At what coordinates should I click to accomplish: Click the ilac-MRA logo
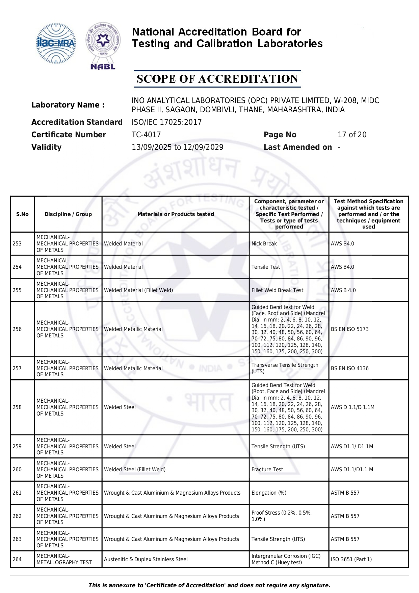[x=56, y=43]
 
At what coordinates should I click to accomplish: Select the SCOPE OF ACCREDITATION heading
[x=217, y=79]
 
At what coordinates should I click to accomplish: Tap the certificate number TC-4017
[x=146, y=135]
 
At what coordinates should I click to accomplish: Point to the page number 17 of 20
[x=352, y=135]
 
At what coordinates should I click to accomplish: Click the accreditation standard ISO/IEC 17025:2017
[x=166, y=122]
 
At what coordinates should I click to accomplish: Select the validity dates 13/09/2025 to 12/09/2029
[x=177, y=147]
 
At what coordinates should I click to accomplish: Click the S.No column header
[x=22, y=214]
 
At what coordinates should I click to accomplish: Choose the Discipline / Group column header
[x=68, y=214]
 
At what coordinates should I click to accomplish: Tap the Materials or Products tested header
[x=176, y=214]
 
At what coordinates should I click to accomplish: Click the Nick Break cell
[x=264, y=244]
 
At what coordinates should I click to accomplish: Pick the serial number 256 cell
[x=17, y=329]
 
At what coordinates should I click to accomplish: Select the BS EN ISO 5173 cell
[x=349, y=329]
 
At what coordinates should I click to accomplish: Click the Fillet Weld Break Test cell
[x=277, y=290]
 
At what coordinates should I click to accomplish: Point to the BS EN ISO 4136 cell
[x=349, y=369]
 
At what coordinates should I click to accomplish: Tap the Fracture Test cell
[x=267, y=470]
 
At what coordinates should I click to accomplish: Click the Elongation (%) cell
[x=269, y=493]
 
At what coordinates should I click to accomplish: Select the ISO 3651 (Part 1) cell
[x=351, y=560]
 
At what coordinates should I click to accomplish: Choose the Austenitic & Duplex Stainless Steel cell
[x=146, y=560]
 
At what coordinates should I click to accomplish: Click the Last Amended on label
[x=297, y=147]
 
